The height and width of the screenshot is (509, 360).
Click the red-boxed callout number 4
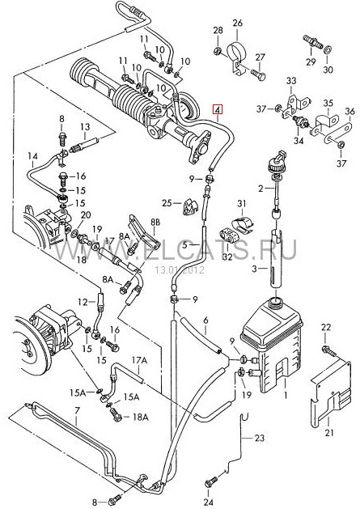pos(218,110)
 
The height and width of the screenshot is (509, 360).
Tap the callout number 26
pos(237,23)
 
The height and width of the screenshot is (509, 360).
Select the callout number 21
pos(329,432)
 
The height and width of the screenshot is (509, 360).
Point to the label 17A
pos(140,359)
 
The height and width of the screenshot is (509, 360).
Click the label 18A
pos(140,417)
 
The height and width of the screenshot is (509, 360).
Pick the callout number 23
pos(260,438)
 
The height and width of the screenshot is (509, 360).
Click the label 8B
pos(155,223)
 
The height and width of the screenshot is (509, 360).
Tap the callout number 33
pos(291,80)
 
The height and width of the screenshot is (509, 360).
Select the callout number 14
pos(32,156)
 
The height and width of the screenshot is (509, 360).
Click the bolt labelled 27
pos(258,74)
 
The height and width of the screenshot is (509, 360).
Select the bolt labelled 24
pos(210,481)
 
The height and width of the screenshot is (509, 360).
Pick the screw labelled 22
pos(328,350)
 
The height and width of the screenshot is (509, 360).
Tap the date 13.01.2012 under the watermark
pos(179,270)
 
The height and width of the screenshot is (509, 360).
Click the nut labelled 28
pos(218,51)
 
